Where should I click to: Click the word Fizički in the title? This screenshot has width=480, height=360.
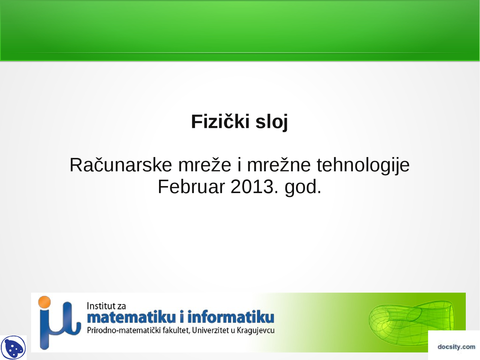(220, 121)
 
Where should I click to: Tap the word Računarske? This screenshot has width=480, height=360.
(121, 165)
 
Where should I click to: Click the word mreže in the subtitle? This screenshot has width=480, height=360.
(204, 165)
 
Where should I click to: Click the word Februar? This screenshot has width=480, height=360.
(191, 187)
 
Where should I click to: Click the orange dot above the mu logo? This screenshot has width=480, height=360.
(45, 302)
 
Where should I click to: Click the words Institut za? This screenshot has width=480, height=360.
(106, 306)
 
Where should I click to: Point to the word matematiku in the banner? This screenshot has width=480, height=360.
(131, 318)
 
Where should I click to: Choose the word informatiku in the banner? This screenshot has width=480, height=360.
(231, 318)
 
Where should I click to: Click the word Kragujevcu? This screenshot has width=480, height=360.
(255, 330)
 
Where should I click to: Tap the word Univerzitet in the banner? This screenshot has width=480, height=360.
(210, 330)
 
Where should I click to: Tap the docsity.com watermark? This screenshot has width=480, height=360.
(456, 347)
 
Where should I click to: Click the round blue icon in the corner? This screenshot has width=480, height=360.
(13, 348)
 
